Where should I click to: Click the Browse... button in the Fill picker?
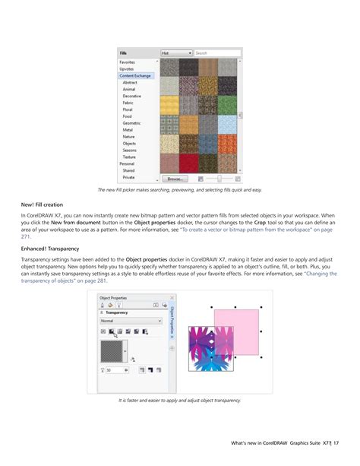click(x=174, y=179)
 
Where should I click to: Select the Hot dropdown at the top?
click(x=175, y=53)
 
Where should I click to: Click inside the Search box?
click(x=216, y=53)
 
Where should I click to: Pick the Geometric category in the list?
click(x=132, y=123)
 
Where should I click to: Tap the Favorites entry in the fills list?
click(x=128, y=62)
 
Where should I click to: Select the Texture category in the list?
click(x=131, y=157)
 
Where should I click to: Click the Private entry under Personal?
click(x=129, y=177)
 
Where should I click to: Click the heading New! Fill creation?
click(x=43, y=205)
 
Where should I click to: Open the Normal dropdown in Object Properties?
click(x=131, y=322)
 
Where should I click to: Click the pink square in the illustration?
click(x=237, y=332)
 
